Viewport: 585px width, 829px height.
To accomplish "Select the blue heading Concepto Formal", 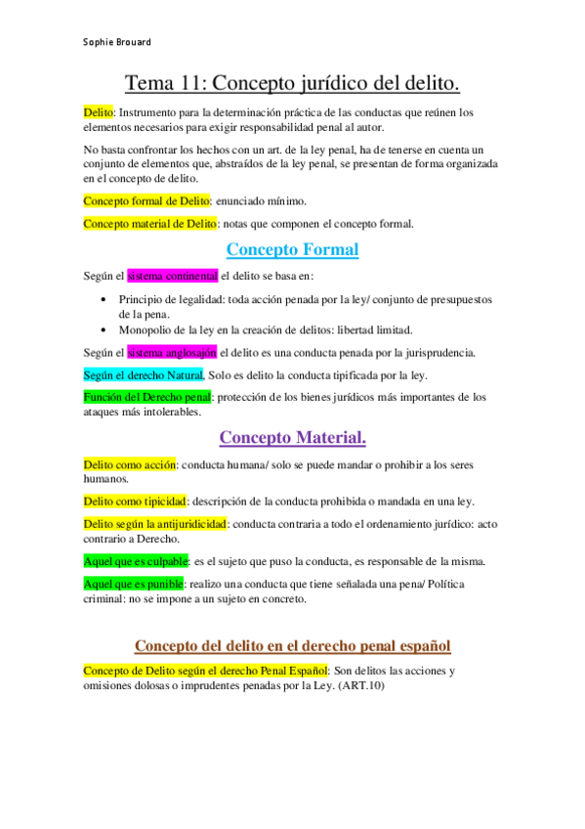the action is (x=292, y=249).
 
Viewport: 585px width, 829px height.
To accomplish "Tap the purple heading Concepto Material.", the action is (x=292, y=437).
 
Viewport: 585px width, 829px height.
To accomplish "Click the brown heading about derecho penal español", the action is (x=292, y=646).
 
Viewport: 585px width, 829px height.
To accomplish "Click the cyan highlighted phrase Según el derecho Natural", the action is (x=143, y=374).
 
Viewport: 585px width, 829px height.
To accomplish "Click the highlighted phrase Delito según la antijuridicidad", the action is (x=155, y=524).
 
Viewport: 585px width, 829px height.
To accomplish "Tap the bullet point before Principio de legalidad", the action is (x=104, y=299).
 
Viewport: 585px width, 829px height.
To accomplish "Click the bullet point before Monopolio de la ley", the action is (x=104, y=329).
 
